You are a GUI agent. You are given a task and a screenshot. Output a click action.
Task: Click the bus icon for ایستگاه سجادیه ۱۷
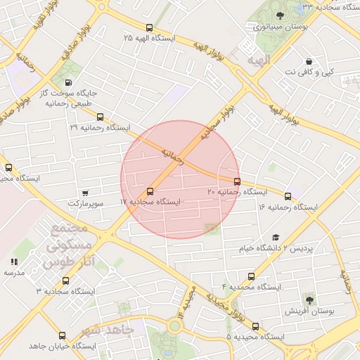149,192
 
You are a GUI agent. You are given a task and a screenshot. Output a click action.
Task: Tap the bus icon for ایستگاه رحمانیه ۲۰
236,181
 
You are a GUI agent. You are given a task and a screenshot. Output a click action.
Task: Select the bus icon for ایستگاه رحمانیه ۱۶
288,196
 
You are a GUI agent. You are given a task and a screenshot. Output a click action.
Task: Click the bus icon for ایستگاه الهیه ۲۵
148,27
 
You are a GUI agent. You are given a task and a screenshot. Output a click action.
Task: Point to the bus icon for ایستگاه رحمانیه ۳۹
100,117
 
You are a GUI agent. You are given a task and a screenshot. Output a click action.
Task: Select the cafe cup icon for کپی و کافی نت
310,62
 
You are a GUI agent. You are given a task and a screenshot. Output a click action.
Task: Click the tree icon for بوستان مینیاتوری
281,15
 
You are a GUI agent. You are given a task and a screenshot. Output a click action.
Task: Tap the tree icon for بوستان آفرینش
309,300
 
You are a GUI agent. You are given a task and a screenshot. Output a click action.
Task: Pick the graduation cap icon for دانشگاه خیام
276,238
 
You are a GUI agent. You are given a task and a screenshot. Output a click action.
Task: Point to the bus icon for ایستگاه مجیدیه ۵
255,326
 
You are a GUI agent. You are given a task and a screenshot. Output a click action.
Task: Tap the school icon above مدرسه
15,262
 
